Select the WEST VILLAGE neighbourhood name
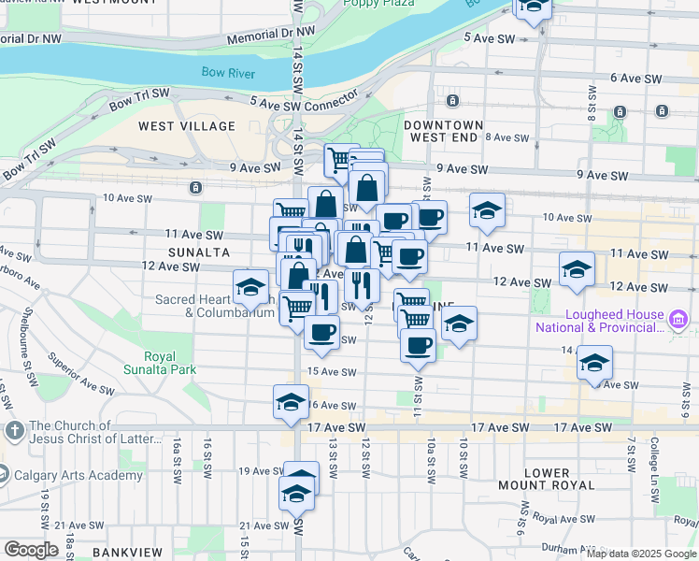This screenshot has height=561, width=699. (187, 125)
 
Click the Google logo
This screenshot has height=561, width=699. (31, 550)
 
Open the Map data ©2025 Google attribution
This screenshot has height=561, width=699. (641, 554)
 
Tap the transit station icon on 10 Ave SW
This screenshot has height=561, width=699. (194, 187)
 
